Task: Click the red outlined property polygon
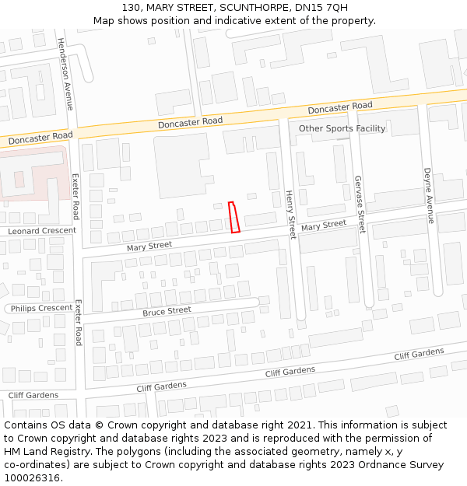tap(234, 217)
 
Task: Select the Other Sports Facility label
tap(342, 128)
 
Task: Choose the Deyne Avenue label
tap(427, 195)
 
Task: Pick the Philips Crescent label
tap(42, 308)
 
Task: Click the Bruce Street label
tap(167, 311)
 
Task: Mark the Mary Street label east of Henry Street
tap(324, 226)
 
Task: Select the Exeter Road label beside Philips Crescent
tap(78, 323)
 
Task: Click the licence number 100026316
tap(33, 478)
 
